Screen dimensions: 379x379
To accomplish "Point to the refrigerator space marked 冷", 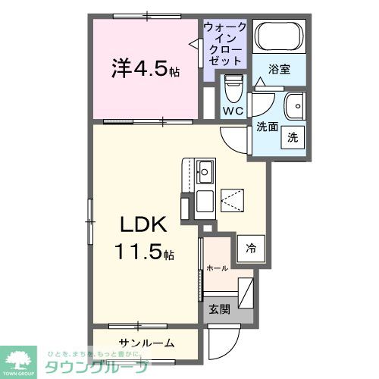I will [250, 247].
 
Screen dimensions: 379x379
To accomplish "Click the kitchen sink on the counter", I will [205, 169].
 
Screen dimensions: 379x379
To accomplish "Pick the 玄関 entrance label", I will [219, 309].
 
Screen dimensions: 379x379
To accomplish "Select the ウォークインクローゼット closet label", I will [225, 43].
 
